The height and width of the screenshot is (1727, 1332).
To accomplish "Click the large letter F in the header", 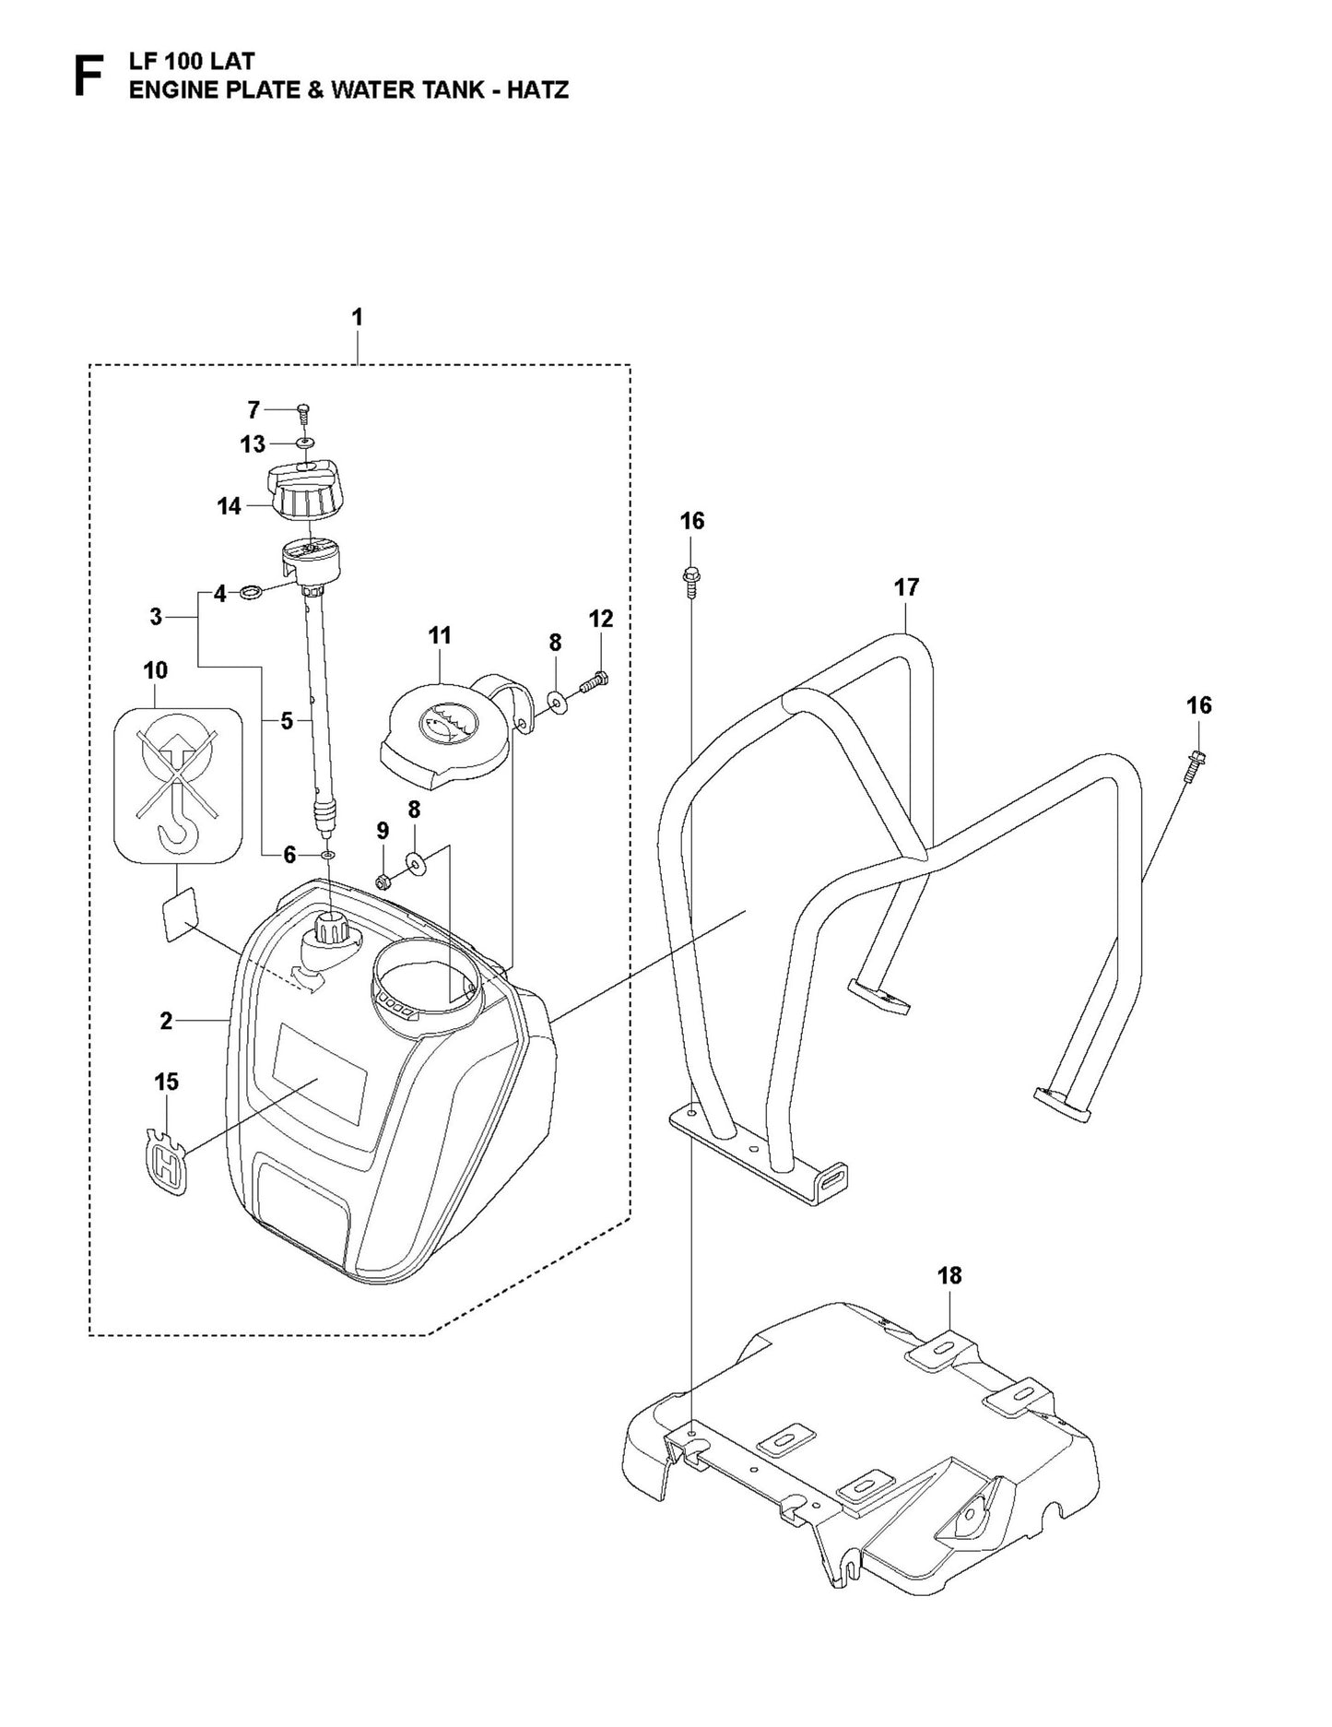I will coord(88,76).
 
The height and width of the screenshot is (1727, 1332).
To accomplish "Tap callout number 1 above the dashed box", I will coord(357,317).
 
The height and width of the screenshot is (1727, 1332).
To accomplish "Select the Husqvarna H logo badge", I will coord(168,1165).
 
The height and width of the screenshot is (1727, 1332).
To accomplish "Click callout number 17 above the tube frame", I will coord(906,587).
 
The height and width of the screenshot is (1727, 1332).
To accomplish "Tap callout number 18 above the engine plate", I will coord(949,1275).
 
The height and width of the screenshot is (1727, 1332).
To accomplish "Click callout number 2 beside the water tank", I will coord(166,1021).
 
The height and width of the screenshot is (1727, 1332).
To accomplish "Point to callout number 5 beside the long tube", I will coord(287,721).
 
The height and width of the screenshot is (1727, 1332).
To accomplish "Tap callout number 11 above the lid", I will coord(440,635).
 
